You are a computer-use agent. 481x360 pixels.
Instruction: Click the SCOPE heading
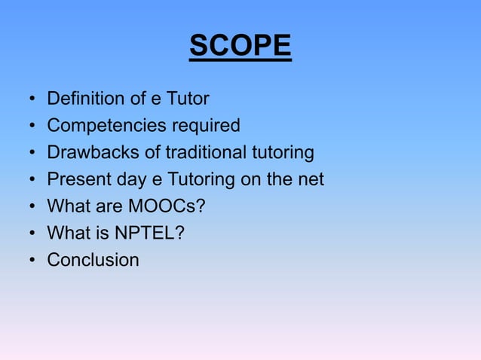point(240,47)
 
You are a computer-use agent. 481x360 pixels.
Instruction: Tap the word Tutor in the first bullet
point(187,99)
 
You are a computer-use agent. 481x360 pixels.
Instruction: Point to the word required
point(202,126)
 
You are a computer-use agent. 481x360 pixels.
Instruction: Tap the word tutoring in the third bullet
point(282,153)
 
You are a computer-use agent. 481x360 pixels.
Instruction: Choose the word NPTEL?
point(149,233)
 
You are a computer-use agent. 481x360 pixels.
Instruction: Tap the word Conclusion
point(93,260)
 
